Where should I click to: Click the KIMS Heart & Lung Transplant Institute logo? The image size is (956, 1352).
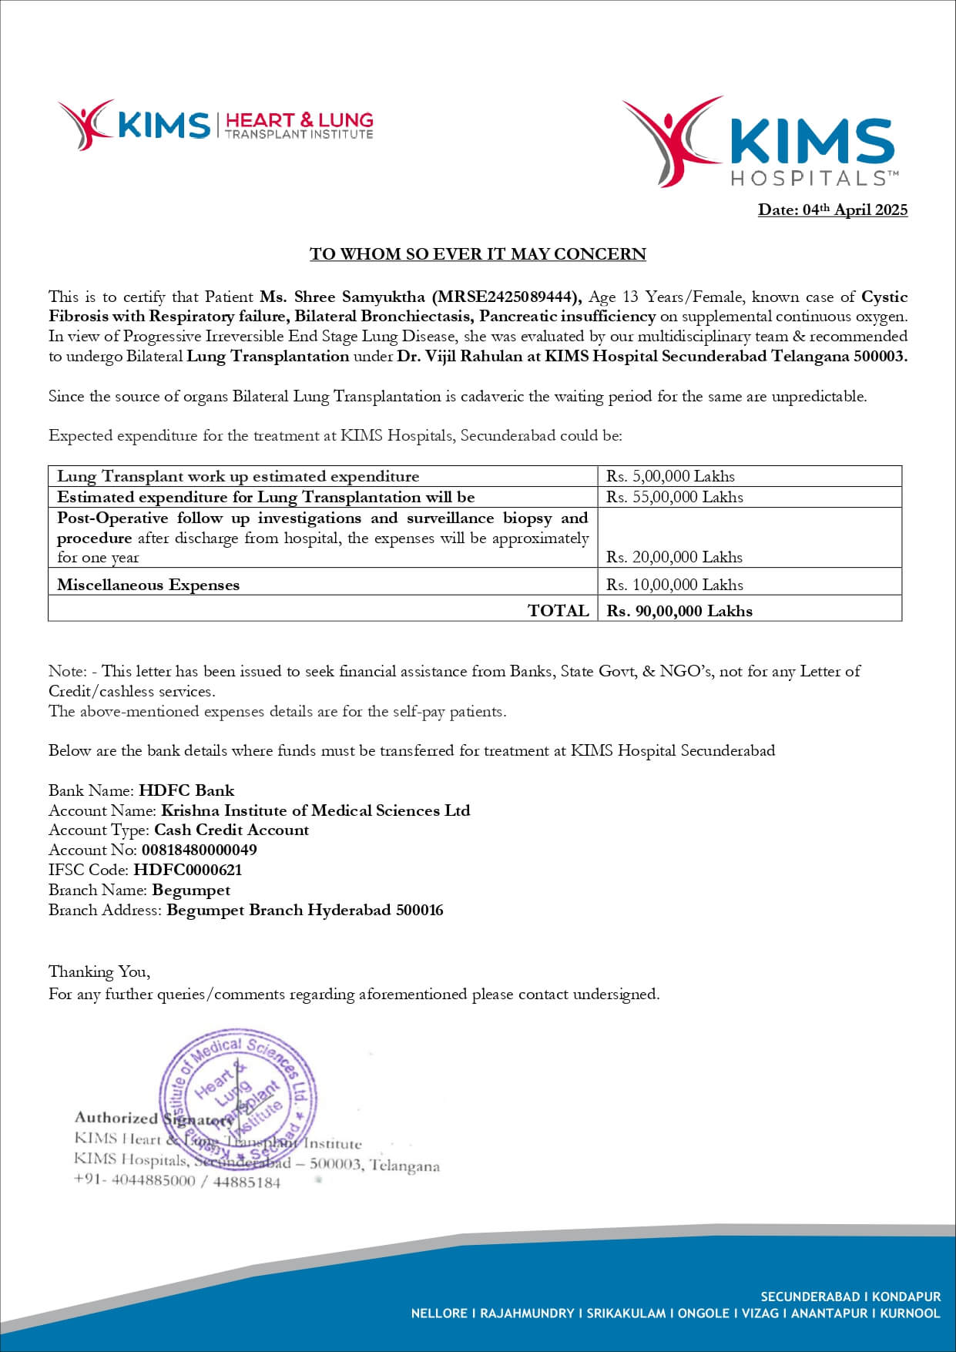point(215,125)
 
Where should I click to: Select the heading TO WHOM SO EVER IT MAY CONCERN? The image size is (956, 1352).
point(478,254)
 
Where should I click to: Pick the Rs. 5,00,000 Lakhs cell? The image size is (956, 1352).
point(670,476)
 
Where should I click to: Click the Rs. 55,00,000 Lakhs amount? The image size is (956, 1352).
point(674,497)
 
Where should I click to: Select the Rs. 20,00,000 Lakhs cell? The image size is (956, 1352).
point(674,557)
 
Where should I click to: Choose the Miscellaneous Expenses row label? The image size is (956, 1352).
point(148,585)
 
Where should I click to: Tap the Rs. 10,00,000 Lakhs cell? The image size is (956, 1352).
point(674,585)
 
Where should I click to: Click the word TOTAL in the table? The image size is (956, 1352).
point(558,611)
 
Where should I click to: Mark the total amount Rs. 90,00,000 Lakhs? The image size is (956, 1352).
point(679,611)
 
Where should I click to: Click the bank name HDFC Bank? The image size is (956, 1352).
point(186,790)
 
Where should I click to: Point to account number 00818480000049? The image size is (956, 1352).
point(199,850)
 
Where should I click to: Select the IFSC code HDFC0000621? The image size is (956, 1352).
point(187,870)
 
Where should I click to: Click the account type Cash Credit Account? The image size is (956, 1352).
point(231,830)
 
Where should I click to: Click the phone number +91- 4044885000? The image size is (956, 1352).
point(134,1182)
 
